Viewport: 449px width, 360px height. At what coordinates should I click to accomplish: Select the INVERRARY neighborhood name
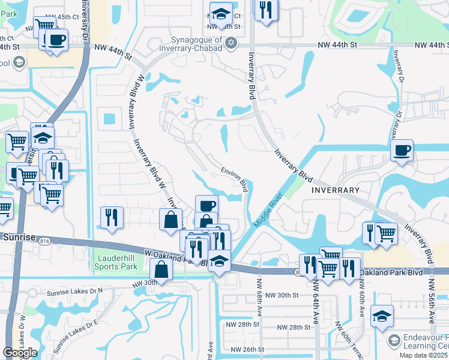coord(335,190)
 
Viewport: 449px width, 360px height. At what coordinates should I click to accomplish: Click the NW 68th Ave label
coord(260,296)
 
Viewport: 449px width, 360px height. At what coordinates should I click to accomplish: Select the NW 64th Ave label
coord(315,301)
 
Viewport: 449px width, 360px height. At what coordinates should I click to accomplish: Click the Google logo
coord(19,353)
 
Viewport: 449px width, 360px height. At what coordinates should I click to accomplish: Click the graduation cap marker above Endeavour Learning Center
coord(382,316)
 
